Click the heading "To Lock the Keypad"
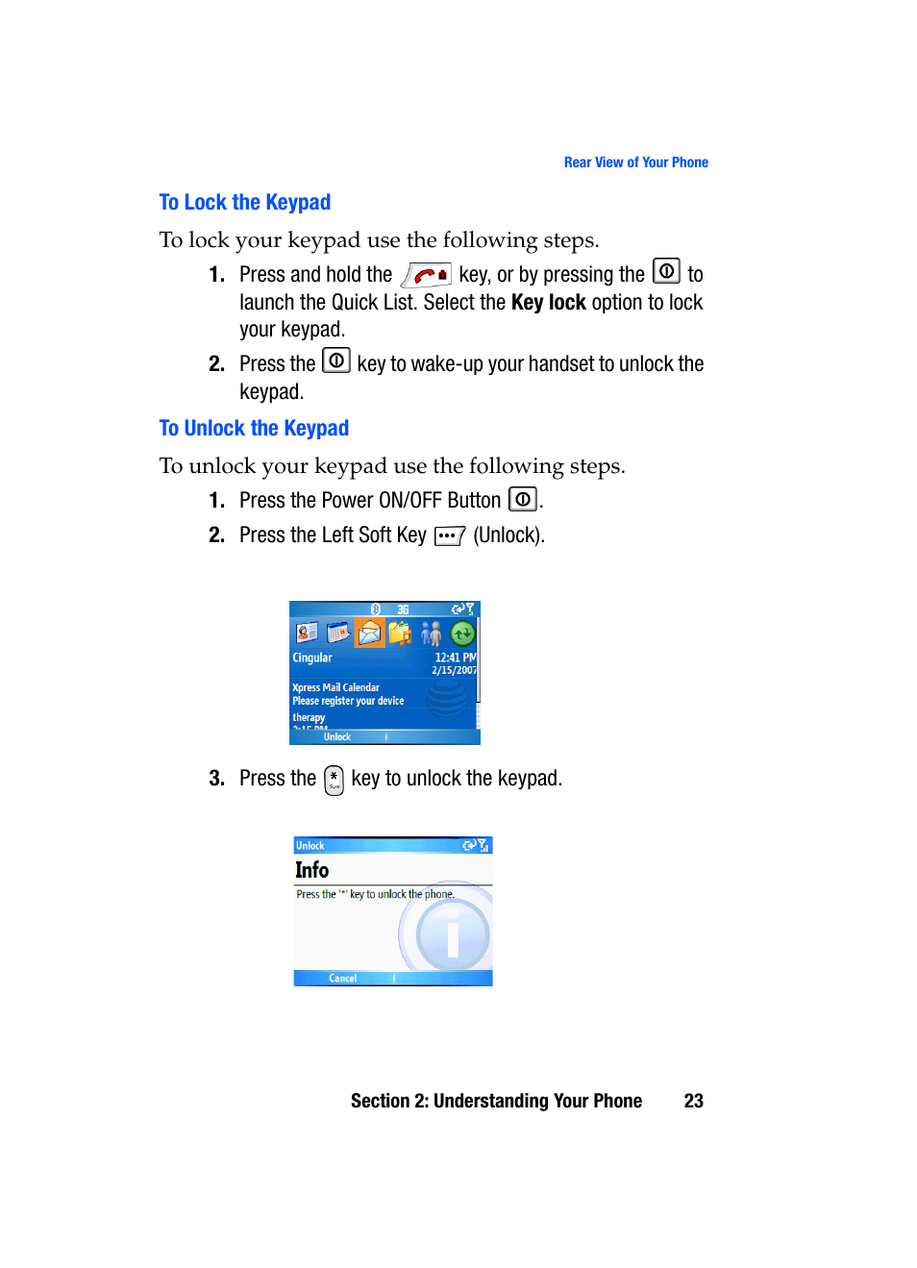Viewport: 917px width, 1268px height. click(x=244, y=202)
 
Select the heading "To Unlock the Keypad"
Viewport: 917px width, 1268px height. click(x=254, y=428)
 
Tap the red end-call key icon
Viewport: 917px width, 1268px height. click(x=427, y=275)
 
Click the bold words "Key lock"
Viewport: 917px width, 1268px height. click(x=548, y=303)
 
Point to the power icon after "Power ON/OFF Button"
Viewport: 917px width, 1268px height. click(x=522, y=500)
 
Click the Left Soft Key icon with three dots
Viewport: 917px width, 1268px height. click(x=449, y=535)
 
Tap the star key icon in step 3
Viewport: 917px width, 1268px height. click(x=334, y=780)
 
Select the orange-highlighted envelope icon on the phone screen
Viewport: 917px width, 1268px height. click(x=369, y=633)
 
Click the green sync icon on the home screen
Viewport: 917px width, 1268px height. click(x=462, y=633)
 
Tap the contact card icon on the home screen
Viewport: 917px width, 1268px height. click(x=307, y=633)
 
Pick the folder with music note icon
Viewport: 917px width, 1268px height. click(x=400, y=633)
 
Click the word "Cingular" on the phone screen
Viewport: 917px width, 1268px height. click(x=312, y=658)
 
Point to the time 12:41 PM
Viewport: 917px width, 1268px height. click(x=455, y=658)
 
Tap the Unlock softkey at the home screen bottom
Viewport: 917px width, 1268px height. click(x=336, y=737)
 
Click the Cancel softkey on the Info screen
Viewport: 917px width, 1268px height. click(x=342, y=979)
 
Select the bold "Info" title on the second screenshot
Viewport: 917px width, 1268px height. click(x=311, y=870)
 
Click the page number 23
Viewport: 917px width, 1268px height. click(x=693, y=1101)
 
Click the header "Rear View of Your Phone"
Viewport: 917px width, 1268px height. click(x=635, y=162)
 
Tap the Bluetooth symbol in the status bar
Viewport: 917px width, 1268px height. click(x=376, y=609)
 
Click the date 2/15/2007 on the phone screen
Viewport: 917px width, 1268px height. click(x=454, y=670)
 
